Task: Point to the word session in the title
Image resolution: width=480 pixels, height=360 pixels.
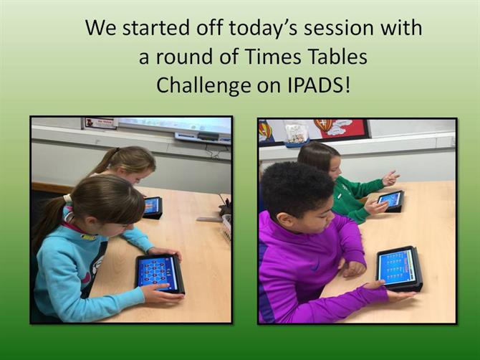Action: [338, 29]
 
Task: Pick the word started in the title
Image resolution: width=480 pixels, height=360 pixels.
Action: [155, 28]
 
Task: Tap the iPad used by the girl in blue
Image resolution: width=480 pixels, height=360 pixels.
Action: [160, 273]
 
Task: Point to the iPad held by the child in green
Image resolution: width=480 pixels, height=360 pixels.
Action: [390, 201]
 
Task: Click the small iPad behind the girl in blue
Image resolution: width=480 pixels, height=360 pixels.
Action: [153, 207]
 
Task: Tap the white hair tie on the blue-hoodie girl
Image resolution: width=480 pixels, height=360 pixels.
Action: [67, 199]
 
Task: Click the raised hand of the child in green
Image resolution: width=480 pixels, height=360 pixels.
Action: [390, 178]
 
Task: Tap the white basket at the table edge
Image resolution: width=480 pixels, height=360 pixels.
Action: [226, 227]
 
